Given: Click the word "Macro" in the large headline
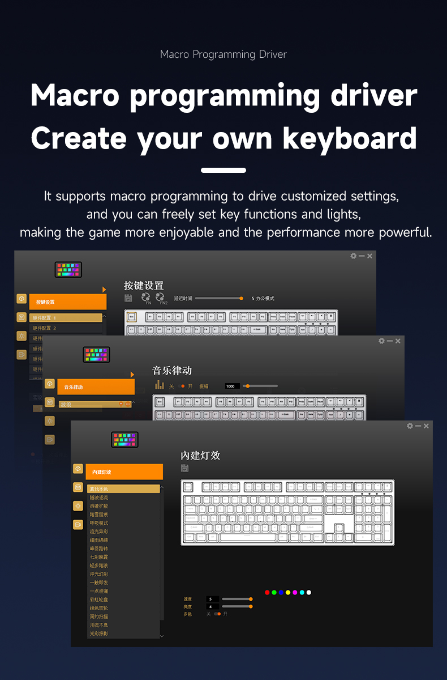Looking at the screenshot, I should click(x=75, y=95).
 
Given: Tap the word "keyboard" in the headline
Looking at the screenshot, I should click(x=350, y=138).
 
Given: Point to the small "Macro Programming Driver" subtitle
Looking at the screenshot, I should click(x=223, y=54).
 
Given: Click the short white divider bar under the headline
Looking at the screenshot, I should click(x=223, y=170).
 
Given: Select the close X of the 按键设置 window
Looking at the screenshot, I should click(x=370, y=256).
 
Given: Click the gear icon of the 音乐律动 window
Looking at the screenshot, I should click(x=382, y=341).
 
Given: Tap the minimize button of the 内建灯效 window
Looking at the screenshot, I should click(x=418, y=426).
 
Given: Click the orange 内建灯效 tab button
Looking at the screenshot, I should click(x=125, y=471).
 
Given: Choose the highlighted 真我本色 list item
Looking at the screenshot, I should click(x=123, y=488).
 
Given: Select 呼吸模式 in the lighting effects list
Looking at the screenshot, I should click(x=99, y=523).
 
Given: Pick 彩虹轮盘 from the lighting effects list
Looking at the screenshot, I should click(x=99, y=600).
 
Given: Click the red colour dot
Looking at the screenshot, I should click(x=267, y=593).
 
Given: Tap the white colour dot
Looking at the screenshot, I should click(x=308, y=593).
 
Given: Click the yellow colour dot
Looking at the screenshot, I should click(x=287, y=593).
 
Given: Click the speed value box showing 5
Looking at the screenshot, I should click(x=213, y=599).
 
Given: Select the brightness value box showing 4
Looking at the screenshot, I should click(x=213, y=606).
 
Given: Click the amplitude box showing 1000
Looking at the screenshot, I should click(x=232, y=386).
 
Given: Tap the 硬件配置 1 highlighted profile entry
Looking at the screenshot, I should click(x=66, y=318).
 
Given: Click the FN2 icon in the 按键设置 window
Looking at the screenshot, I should click(x=160, y=297).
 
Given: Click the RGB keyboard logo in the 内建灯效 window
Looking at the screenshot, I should click(x=125, y=440).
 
